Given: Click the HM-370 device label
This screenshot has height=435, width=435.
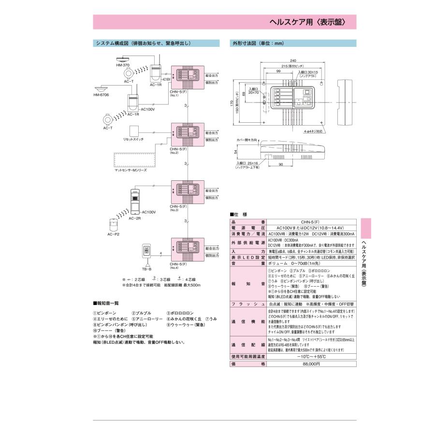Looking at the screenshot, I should (x=123, y=65).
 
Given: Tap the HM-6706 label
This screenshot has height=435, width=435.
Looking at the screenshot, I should (x=101, y=95).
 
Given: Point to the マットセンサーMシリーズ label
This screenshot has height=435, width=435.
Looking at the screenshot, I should (x=130, y=170).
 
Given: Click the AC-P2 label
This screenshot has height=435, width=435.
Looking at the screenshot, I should (x=114, y=234).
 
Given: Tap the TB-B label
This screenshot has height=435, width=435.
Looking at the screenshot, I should (x=146, y=268).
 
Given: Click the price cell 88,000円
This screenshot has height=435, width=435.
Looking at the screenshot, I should (x=311, y=364).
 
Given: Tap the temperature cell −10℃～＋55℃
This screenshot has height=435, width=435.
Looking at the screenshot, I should (x=311, y=357).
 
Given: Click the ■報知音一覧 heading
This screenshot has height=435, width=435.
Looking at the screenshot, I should (x=108, y=303).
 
